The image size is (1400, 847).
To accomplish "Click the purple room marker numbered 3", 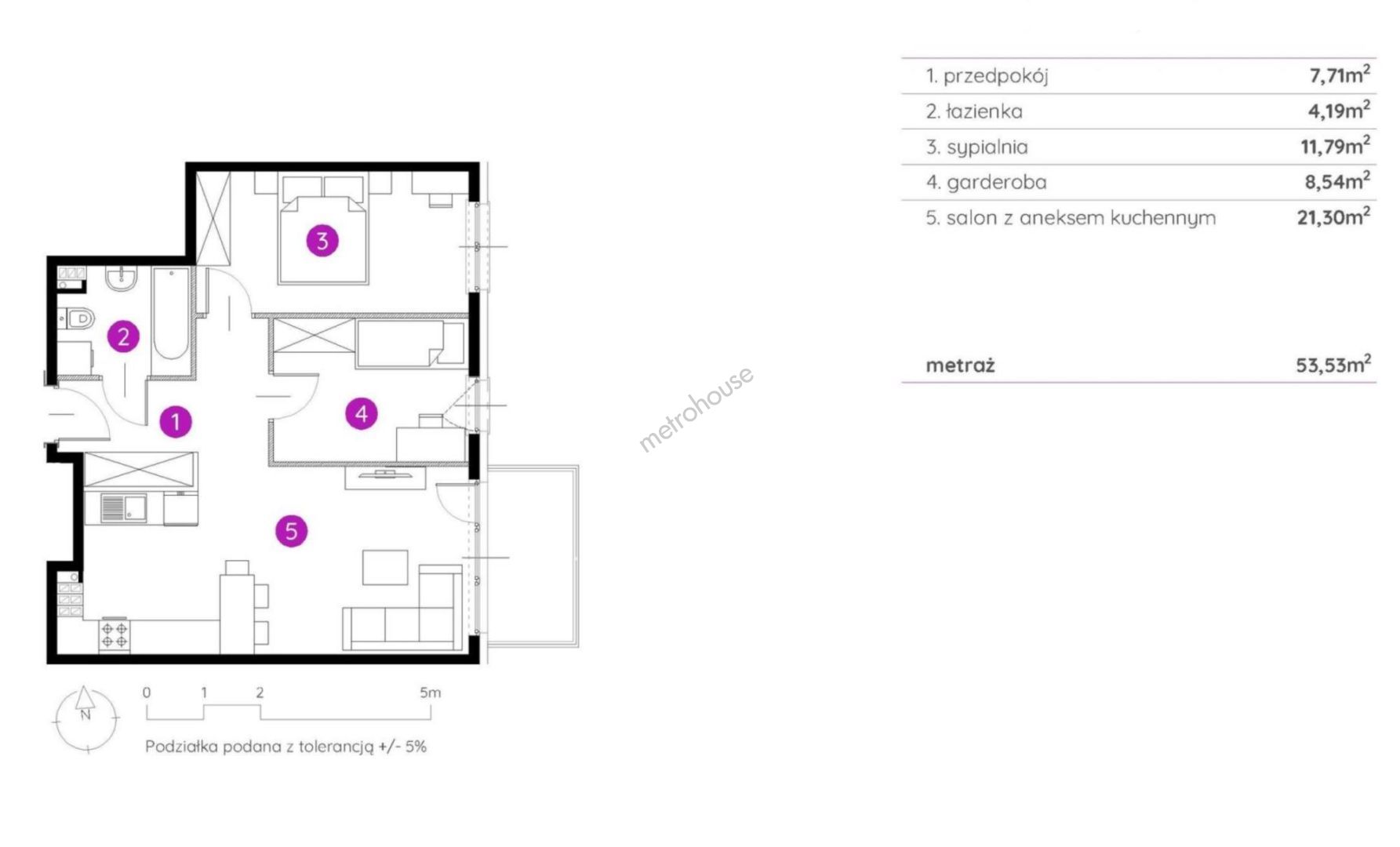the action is click(322, 241).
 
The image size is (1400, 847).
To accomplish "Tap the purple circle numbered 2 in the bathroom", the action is click(123, 337).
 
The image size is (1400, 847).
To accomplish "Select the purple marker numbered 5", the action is click(291, 531).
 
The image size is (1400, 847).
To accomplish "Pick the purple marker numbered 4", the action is click(362, 413).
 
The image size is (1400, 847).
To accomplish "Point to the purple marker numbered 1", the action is click(176, 421).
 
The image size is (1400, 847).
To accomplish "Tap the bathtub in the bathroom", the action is click(171, 323).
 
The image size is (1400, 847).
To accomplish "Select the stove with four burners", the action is click(115, 635).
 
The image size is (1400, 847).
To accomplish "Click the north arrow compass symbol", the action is click(86, 718).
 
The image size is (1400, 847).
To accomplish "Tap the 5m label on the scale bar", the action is click(430, 693).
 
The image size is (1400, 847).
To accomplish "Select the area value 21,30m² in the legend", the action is click(1333, 216).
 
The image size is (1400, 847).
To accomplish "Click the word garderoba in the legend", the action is click(996, 183).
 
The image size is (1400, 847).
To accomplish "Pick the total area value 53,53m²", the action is click(1333, 364).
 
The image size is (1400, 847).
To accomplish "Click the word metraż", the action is click(960, 365).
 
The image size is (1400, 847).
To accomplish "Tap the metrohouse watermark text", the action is click(696, 408).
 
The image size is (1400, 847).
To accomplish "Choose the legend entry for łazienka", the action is click(974, 111).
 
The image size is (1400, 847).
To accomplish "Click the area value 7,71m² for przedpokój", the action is click(1340, 75).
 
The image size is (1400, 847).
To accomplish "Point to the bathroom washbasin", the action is click(122, 278).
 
